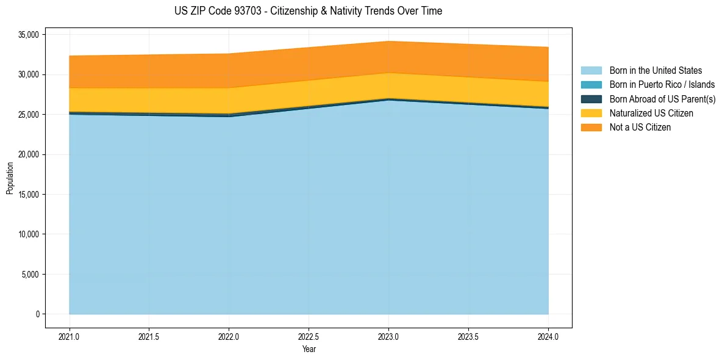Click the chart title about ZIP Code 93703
[x=308, y=11]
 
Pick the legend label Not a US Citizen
[x=640, y=128]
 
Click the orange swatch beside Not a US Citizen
[x=591, y=128]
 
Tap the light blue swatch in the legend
[x=591, y=71]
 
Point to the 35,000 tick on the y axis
[x=29, y=35]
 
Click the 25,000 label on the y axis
[x=29, y=115]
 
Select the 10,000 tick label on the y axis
[x=29, y=234]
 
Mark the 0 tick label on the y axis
[x=37, y=314]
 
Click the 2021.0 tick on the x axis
[x=70, y=336]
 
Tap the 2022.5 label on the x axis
[x=309, y=336]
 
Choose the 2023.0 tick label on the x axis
[x=388, y=336]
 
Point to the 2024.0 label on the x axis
[x=548, y=336]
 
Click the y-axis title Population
[x=10, y=178]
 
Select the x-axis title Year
[x=309, y=349]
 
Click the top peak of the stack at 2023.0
[x=388, y=41]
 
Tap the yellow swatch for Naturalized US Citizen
[x=591, y=113]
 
